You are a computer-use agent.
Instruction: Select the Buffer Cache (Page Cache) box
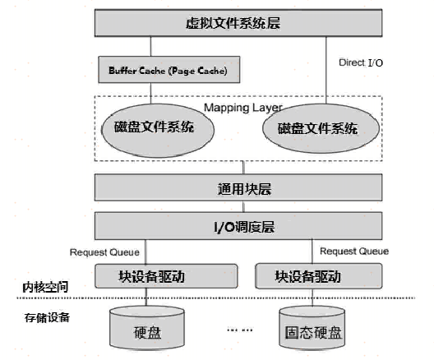(x=162, y=70)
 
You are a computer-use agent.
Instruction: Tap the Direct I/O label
(x=361, y=62)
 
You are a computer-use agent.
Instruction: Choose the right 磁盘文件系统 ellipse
(x=317, y=128)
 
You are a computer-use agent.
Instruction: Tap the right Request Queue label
(x=353, y=252)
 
